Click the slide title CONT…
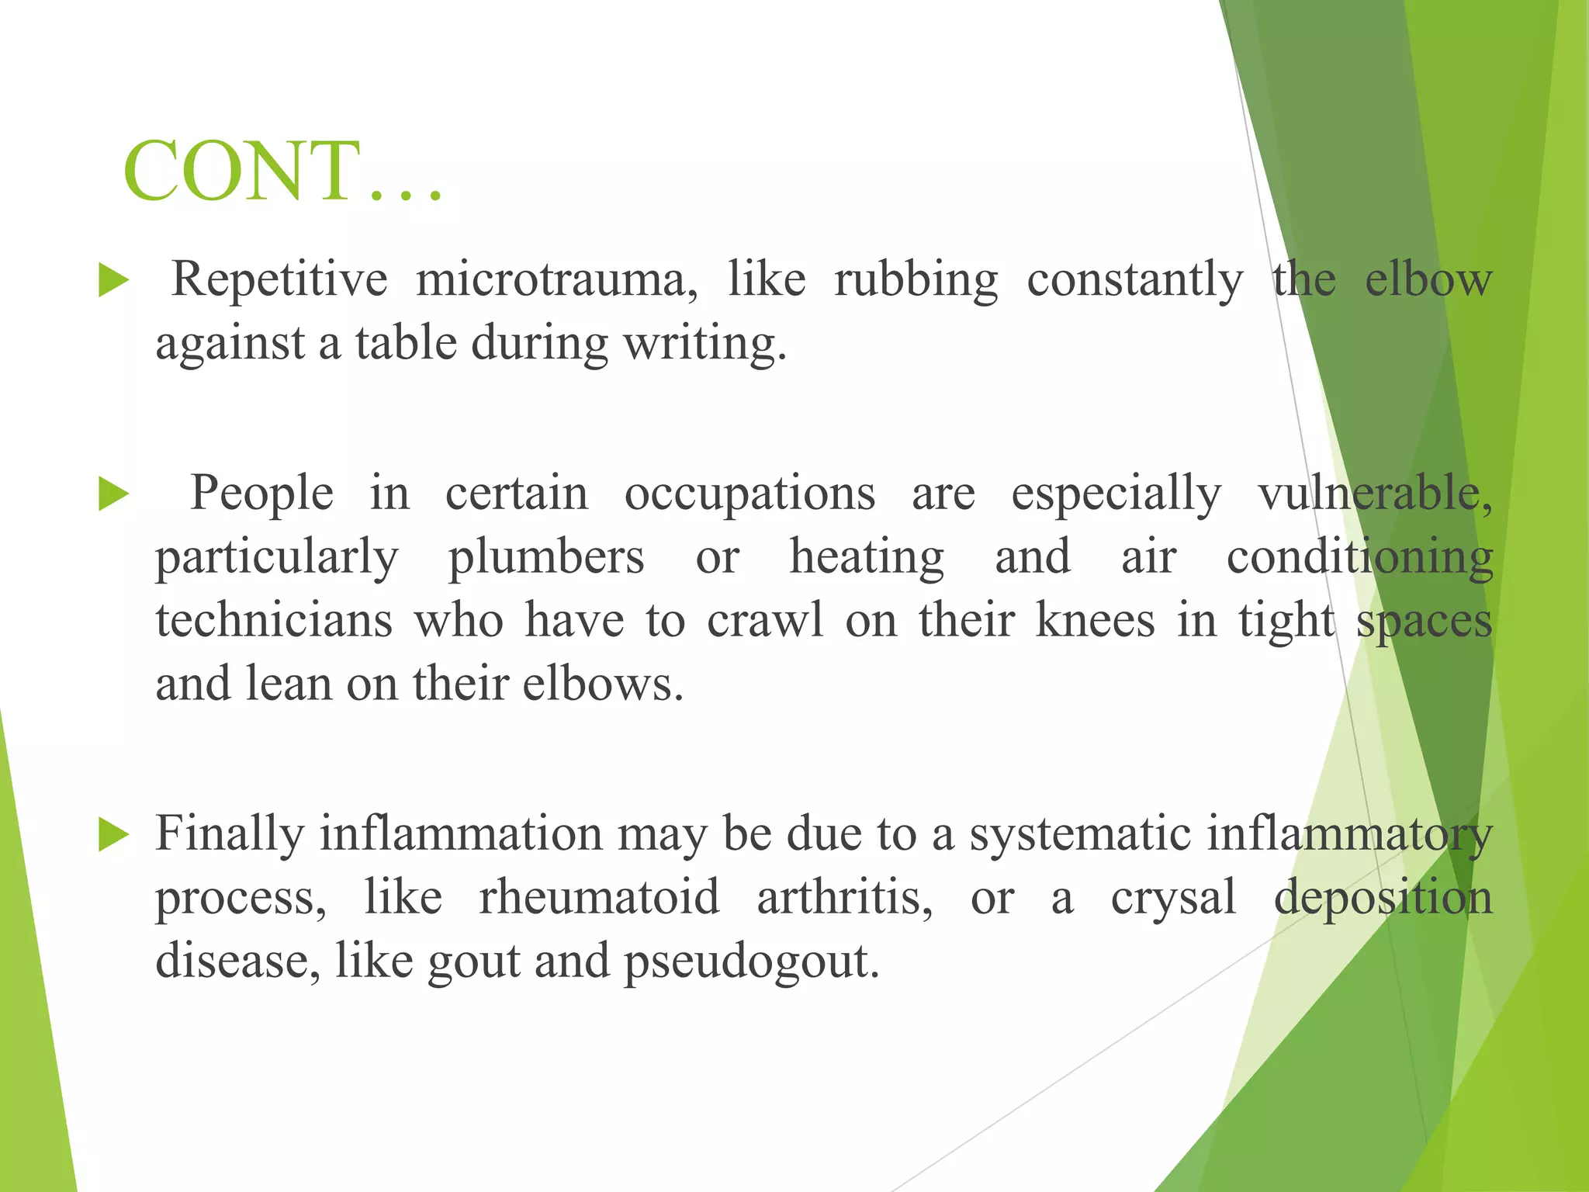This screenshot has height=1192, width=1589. [283, 172]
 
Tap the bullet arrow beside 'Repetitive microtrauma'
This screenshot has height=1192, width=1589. [113, 280]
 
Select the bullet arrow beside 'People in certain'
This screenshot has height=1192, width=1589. [113, 494]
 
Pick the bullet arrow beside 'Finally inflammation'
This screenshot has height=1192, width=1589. [113, 835]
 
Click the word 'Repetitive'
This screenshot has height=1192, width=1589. [279, 279]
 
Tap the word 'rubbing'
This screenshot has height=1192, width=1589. [916, 279]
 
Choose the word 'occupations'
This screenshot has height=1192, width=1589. [749, 494]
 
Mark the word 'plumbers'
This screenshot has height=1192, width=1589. [546, 557]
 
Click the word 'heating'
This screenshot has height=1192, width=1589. [867, 557]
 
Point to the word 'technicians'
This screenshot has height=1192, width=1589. [274, 621]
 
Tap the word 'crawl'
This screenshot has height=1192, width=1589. [764, 621]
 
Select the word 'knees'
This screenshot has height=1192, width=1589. [1095, 621]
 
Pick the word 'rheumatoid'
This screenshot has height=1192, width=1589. [599, 898]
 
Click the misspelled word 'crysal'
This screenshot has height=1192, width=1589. [1172, 898]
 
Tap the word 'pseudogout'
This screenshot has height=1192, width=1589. [751, 962]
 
